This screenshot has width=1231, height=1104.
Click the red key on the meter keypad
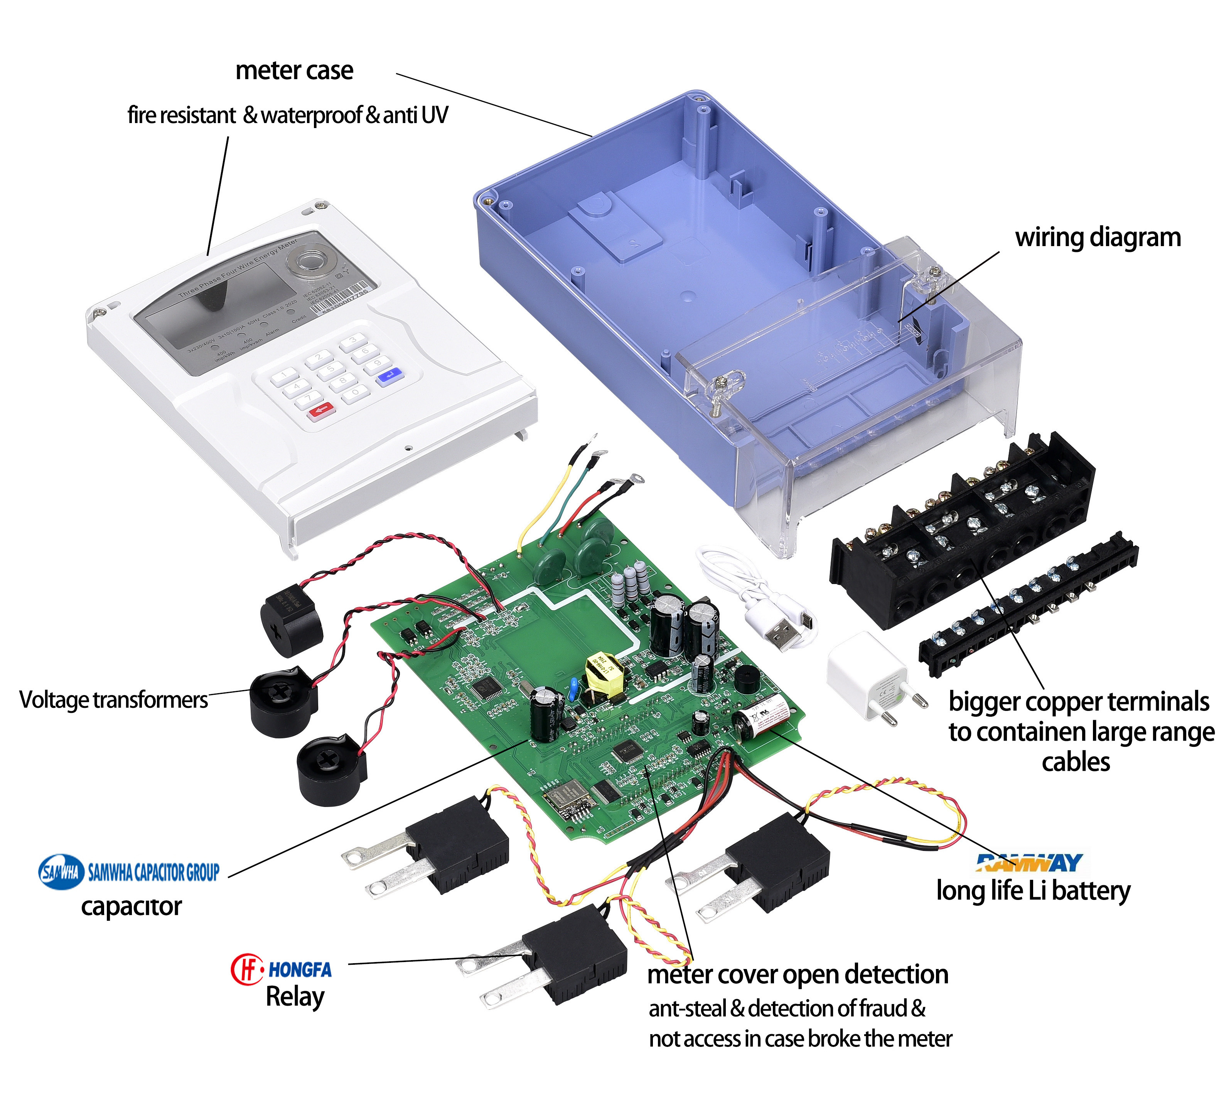321,411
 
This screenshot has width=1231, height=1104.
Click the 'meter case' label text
294,70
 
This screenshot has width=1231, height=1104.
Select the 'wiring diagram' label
1098,237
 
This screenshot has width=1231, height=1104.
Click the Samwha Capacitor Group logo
128,872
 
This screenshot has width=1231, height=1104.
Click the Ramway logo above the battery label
1029,862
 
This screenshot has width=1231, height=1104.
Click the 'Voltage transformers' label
113,699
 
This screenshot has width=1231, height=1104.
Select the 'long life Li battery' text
1033,890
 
